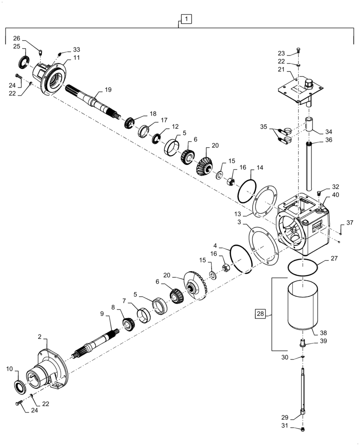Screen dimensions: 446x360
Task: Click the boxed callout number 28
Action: tap(260, 314)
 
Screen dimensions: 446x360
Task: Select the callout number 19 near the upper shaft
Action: tap(108, 90)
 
